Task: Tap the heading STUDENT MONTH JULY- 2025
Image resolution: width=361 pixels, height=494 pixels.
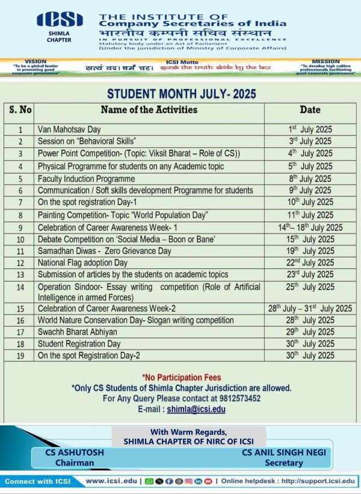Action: point(181,94)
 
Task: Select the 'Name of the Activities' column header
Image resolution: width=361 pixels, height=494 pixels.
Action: point(149,110)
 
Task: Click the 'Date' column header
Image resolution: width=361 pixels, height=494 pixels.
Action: point(310,110)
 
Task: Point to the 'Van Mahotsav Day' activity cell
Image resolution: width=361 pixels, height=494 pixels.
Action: point(69,129)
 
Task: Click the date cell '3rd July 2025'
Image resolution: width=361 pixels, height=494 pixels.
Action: point(310,141)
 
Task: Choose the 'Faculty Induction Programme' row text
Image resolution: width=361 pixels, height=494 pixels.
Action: point(86,179)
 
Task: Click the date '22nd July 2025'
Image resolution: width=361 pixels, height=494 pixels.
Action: point(310,264)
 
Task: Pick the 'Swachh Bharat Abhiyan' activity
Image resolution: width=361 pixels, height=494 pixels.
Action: point(77,332)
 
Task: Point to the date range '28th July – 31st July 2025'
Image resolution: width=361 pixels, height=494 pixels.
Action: point(310,309)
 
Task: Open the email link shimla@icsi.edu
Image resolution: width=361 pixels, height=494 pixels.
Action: point(196,409)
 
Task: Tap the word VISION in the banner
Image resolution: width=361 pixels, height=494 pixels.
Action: point(35,61)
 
